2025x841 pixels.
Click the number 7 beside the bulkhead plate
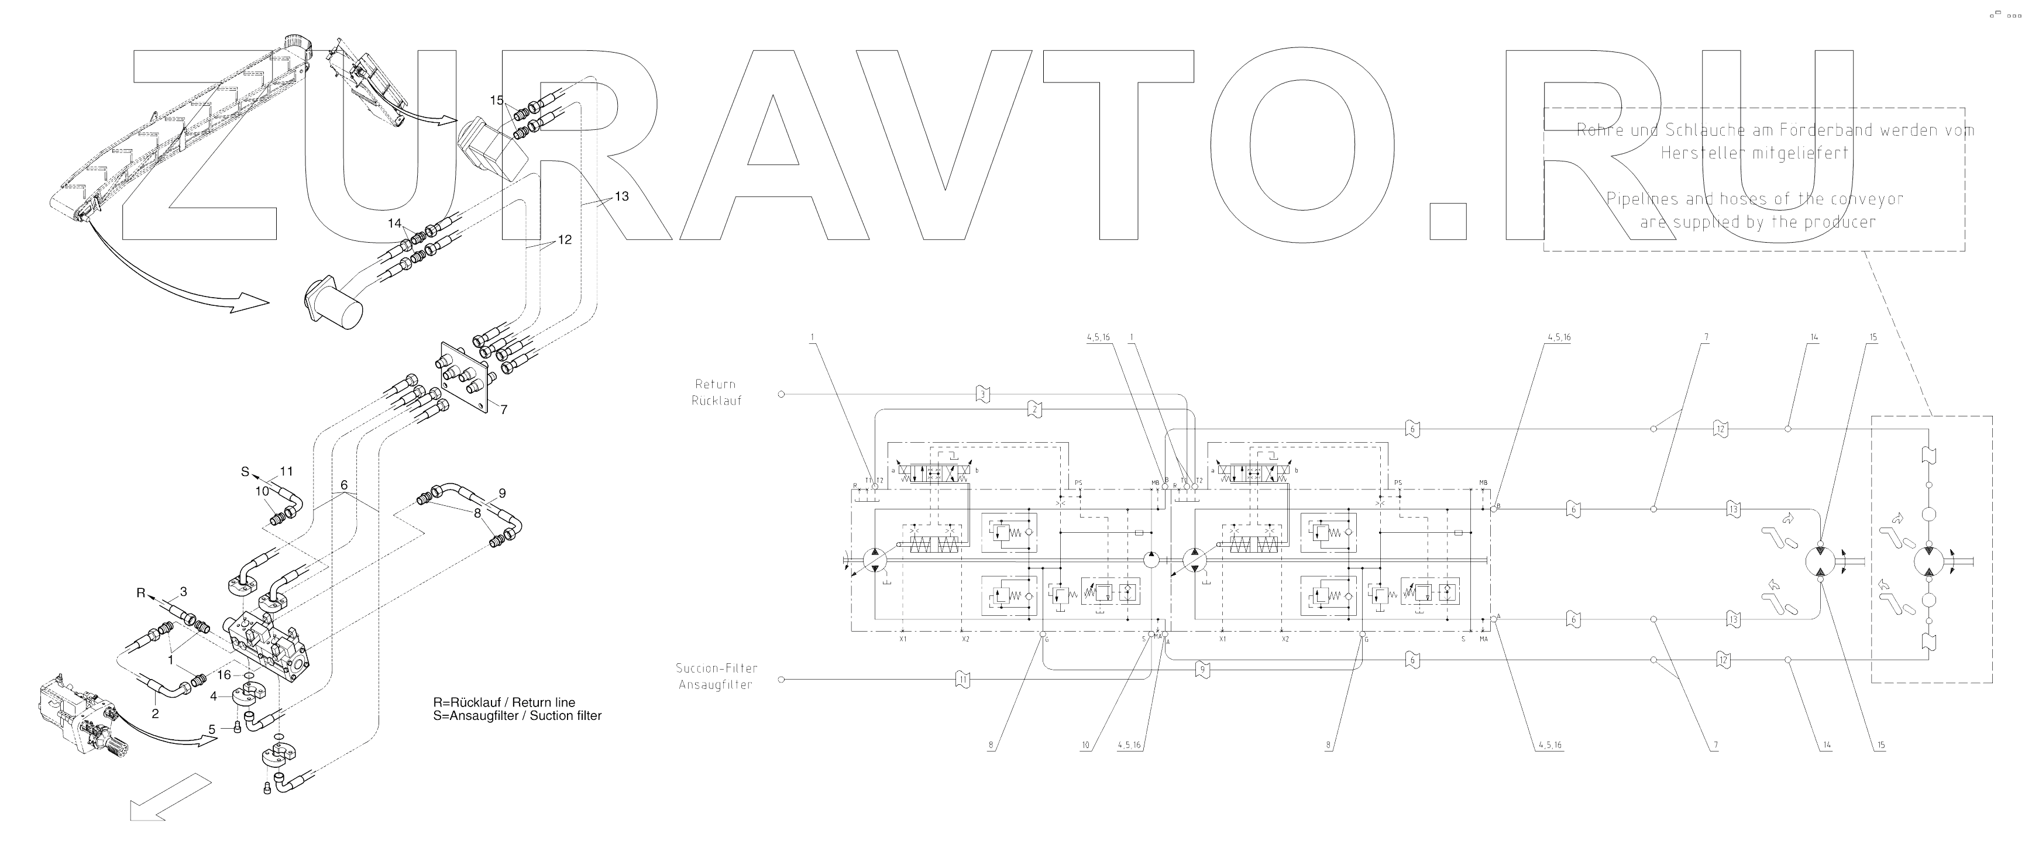[x=503, y=409]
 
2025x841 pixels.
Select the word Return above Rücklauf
[x=716, y=384]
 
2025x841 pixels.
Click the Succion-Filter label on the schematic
[x=716, y=668]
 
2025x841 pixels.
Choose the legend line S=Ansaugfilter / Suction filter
[x=517, y=716]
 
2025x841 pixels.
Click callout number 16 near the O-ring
[x=224, y=674]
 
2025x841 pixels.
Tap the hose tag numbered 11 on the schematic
[x=962, y=678]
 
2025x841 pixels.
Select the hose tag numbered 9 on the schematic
[x=1202, y=670]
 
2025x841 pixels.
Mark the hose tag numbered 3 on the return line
[x=982, y=394]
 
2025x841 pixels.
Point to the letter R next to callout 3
[x=142, y=594]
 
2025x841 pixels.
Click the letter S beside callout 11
[x=245, y=473]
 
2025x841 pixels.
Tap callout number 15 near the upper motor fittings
[x=497, y=101]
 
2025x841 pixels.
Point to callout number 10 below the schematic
[x=1087, y=745]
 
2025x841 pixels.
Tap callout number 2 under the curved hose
[x=156, y=714]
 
